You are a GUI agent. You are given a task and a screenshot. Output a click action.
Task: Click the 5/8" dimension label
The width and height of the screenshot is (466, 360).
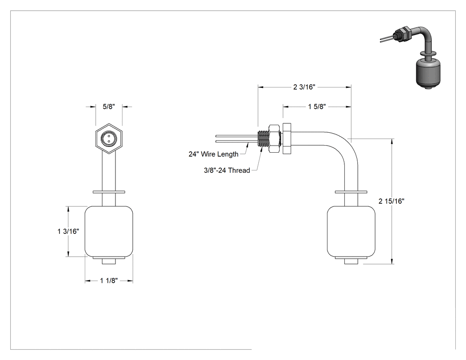pyautogui.click(x=109, y=107)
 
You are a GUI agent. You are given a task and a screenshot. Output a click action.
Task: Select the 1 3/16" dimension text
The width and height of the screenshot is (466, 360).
pyautogui.click(x=68, y=231)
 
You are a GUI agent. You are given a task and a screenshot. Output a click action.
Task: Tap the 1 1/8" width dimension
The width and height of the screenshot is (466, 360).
pyautogui.click(x=109, y=281)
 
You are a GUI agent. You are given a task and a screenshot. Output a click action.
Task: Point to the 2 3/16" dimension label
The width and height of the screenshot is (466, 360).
pyautogui.click(x=304, y=87)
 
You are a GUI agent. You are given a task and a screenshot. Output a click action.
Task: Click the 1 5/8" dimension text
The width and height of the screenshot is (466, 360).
pyautogui.click(x=317, y=107)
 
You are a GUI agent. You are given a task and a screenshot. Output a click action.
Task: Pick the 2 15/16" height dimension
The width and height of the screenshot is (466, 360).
pyautogui.click(x=391, y=201)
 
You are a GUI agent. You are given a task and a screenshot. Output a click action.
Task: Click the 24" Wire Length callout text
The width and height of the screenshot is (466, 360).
pyautogui.click(x=213, y=154)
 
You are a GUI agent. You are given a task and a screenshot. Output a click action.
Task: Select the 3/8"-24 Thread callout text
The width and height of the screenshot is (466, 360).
pyautogui.click(x=227, y=170)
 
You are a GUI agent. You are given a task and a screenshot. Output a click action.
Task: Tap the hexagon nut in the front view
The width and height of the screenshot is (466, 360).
pyautogui.click(x=109, y=138)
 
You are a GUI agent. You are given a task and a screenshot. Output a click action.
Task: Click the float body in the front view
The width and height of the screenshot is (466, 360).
pyautogui.click(x=109, y=232)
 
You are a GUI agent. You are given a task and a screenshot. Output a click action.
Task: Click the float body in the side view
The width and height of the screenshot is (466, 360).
pyautogui.click(x=351, y=232)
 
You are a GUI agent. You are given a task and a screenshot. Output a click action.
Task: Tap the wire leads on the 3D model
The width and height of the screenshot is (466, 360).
pyautogui.click(x=387, y=39)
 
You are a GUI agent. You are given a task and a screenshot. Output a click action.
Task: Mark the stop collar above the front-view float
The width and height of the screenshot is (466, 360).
pyautogui.click(x=109, y=192)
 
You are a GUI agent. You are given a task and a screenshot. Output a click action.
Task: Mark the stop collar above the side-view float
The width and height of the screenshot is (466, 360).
pyautogui.click(x=351, y=192)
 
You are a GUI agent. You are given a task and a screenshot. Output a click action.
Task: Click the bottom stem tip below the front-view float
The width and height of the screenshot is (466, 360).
pyautogui.click(x=109, y=261)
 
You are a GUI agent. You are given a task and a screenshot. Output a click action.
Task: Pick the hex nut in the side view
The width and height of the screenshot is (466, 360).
pyautogui.click(x=275, y=138)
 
